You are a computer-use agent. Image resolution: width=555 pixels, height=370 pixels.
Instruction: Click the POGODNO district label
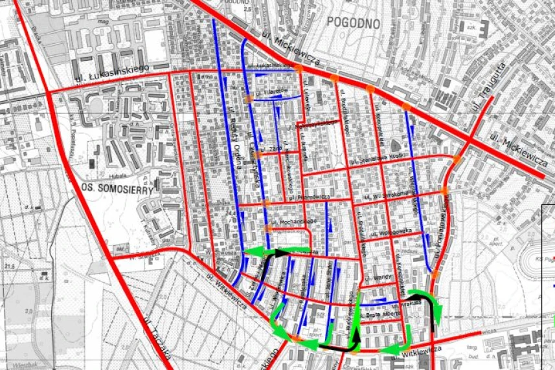(x=353, y=21)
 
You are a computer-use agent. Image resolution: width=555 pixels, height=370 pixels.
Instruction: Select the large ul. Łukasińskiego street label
(x=111, y=73)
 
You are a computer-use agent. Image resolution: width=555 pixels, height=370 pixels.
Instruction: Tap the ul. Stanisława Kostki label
(x=378, y=157)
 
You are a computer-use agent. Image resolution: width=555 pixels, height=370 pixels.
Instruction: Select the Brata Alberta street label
(x=381, y=315)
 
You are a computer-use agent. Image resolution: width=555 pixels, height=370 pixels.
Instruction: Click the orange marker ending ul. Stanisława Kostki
(x=457, y=159)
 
